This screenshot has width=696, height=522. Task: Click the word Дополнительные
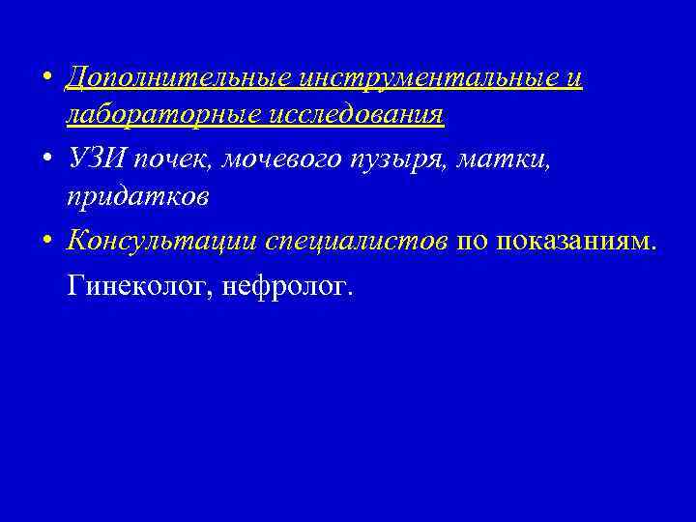(179, 77)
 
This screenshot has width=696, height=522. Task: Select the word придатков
(137, 197)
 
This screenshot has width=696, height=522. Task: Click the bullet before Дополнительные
(47, 77)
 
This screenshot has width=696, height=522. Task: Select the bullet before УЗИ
(47, 159)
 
